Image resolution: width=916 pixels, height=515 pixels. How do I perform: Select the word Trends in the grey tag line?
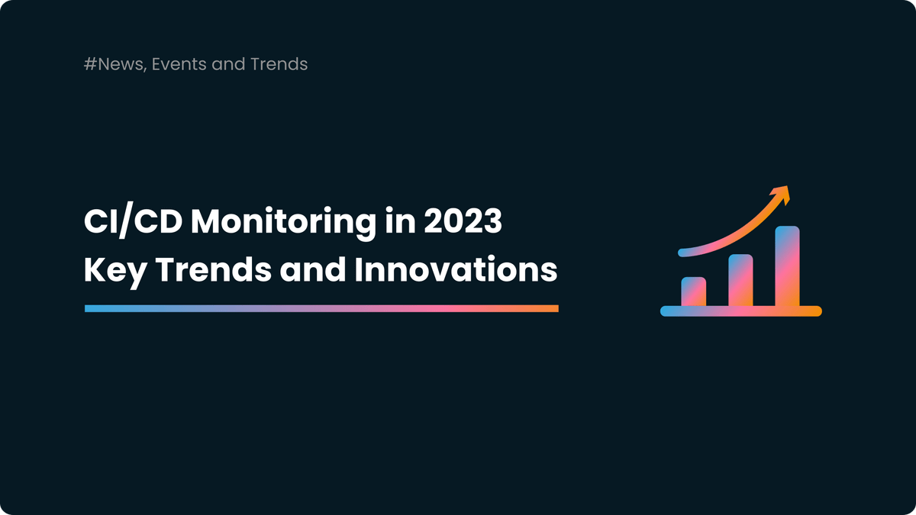279,64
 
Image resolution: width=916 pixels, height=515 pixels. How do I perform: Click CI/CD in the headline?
130,223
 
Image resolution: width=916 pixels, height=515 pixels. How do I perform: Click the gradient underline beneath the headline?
321,308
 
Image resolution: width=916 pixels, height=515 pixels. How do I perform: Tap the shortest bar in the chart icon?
693,291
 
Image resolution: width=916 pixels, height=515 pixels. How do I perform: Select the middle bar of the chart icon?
740,280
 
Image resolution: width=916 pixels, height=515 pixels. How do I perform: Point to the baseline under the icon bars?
740,311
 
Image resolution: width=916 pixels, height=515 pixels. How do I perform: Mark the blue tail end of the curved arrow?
681,251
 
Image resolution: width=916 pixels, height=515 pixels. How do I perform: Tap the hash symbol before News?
89,64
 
